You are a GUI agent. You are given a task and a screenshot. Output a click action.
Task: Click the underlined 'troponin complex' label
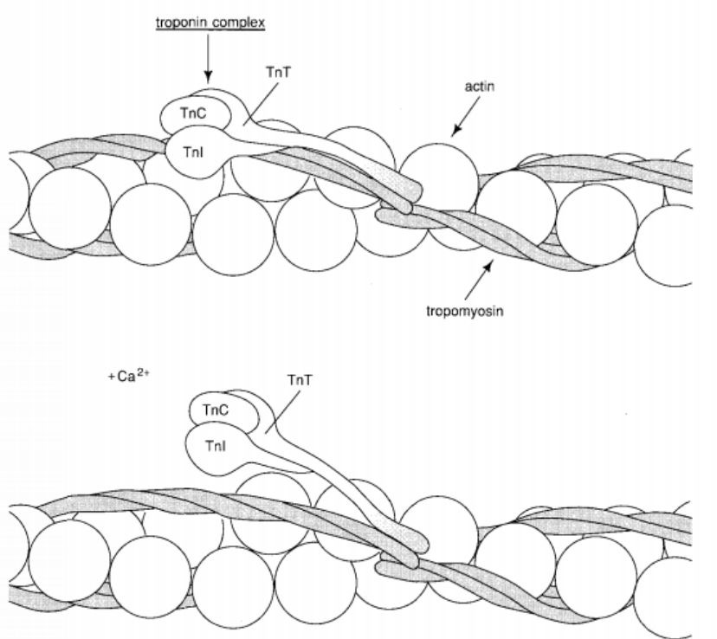coord(210,23)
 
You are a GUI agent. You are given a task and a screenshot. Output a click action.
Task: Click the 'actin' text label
coord(480,87)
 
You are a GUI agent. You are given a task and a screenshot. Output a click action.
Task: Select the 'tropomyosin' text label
coord(465,311)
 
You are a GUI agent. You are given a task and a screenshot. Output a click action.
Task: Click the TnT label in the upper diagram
coord(278,73)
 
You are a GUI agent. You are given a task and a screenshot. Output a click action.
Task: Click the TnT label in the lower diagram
coord(300,380)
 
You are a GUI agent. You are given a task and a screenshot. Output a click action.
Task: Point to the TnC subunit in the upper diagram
coord(195,114)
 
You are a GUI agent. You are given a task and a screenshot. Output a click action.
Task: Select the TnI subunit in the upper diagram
coord(194,152)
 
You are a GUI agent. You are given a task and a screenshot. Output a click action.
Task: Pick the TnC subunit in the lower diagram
coord(216,410)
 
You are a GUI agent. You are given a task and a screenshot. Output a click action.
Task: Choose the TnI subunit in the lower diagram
coord(217,447)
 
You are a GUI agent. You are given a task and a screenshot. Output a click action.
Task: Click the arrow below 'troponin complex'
coord(208,58)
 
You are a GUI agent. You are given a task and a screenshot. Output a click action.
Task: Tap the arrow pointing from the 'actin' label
coord(467,117)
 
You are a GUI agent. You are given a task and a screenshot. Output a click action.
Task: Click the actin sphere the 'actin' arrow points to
coord(439,178)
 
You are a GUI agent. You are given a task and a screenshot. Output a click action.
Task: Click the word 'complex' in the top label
coord(238,23)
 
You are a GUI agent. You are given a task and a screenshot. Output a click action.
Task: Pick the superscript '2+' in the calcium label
coord(143,372)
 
